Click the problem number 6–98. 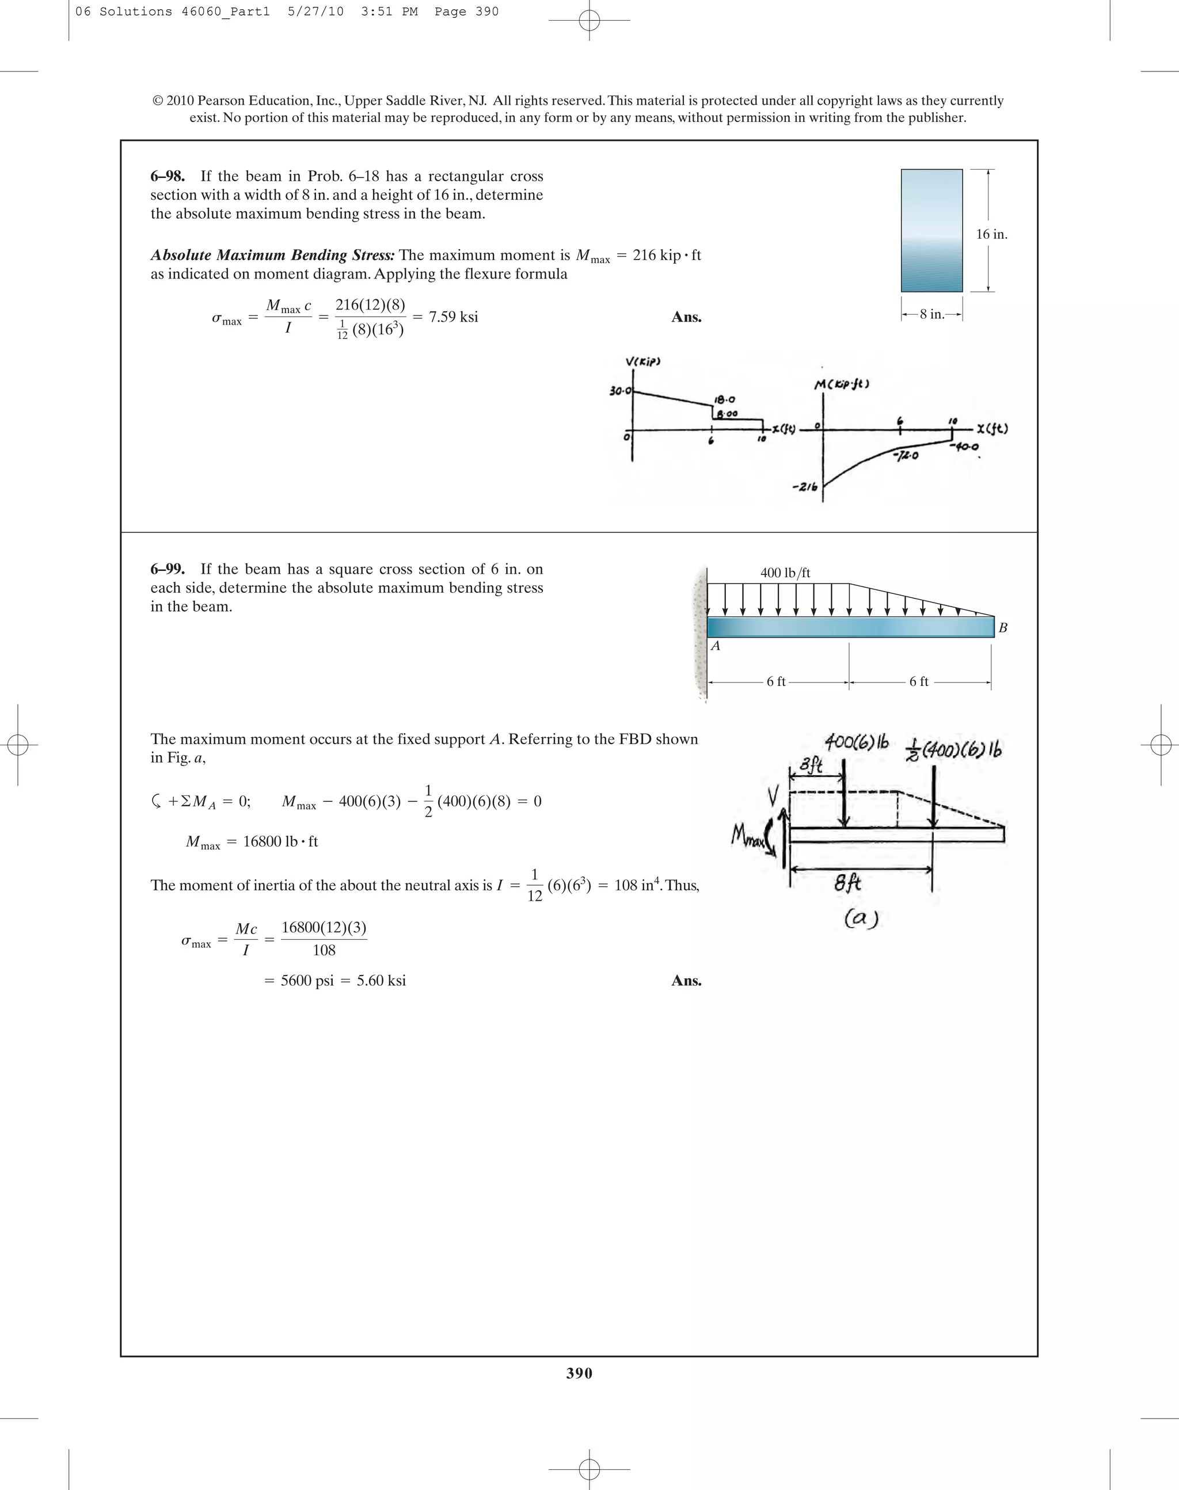(168, 177)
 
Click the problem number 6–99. (168, 569)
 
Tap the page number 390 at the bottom (579, 1373)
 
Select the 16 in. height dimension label (991, 235)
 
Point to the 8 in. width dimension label (932, 315)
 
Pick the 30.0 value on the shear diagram (619, 391)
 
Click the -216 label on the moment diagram (805, 487)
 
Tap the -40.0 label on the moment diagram (964, 447)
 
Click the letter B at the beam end (1003, 628)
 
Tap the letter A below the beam (716, 646)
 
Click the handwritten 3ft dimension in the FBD (811, 765)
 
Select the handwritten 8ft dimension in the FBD (847, 883)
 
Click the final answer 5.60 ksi (381, 981)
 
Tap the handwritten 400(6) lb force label (856, 744)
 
